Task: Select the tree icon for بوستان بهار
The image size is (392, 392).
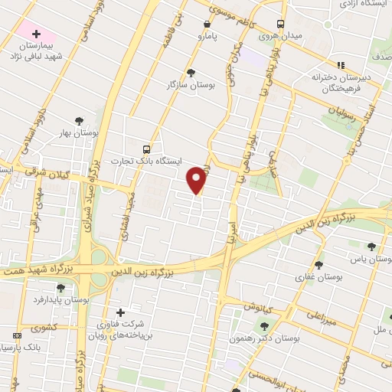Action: (79, 120)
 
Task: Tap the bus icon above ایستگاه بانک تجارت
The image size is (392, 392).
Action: (146, 149)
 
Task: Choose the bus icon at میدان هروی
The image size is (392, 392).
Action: (281, 24)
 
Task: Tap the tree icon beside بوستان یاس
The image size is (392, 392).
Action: (371, 247)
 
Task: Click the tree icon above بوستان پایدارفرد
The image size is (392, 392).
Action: (60, 288)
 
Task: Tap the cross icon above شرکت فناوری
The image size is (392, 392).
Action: (119, 312)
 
